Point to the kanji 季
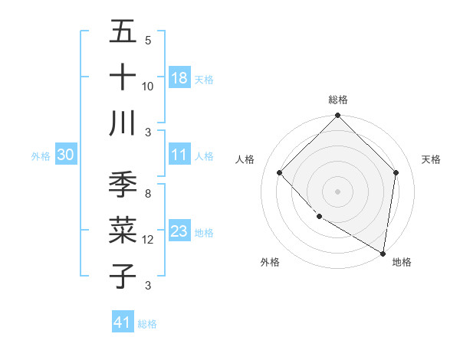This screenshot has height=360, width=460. click(123, 186)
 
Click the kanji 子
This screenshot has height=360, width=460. click(123, 277)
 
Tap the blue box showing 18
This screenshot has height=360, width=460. click(179, 77)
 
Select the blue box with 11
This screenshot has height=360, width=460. click(179, 155)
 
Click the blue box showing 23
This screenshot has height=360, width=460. click(179, 231)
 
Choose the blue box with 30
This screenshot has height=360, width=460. click(65, 155)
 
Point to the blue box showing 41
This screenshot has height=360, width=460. click(123, 322)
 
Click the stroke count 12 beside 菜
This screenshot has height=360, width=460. click(148, 240)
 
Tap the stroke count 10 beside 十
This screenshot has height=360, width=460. click(148, 86)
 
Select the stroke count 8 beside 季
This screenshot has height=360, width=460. click(148, 195)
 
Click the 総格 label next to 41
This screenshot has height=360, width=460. click(147, 324)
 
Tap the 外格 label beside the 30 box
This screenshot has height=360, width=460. click(41, 156)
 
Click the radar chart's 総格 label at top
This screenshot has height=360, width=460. click(338, 100)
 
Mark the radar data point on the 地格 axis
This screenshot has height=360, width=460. click(383, 253)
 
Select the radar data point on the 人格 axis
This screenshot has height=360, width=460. click(280, 173)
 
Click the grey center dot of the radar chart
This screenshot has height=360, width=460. click(338, 191)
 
